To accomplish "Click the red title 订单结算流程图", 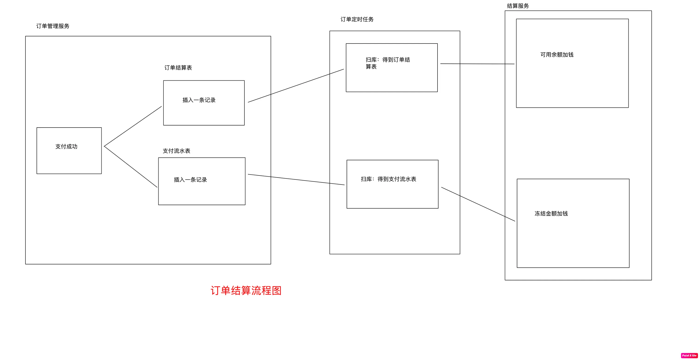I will point(246,291).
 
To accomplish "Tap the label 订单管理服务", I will point(53,26).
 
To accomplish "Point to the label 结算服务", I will point(518,6).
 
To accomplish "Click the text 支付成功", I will point(66,147).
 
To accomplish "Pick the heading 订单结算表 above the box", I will point(178,68).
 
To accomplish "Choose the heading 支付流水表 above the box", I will point(176,151).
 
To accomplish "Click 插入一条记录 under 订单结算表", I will point(199,100).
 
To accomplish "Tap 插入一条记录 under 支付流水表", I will point(190,180).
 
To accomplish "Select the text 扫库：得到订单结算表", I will point(387,63).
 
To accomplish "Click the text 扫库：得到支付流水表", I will point(388,179).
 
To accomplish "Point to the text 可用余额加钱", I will point(557,55).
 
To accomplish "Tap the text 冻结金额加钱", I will point(551,213).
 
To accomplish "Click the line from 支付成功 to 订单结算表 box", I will point(133,126).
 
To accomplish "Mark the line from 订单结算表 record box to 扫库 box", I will point(296,86).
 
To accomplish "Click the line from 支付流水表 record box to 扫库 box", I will point(296,180).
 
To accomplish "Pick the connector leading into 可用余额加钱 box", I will point(477,64).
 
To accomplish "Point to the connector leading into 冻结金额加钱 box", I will point(478,204).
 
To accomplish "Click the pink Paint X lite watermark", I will point(689,355).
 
